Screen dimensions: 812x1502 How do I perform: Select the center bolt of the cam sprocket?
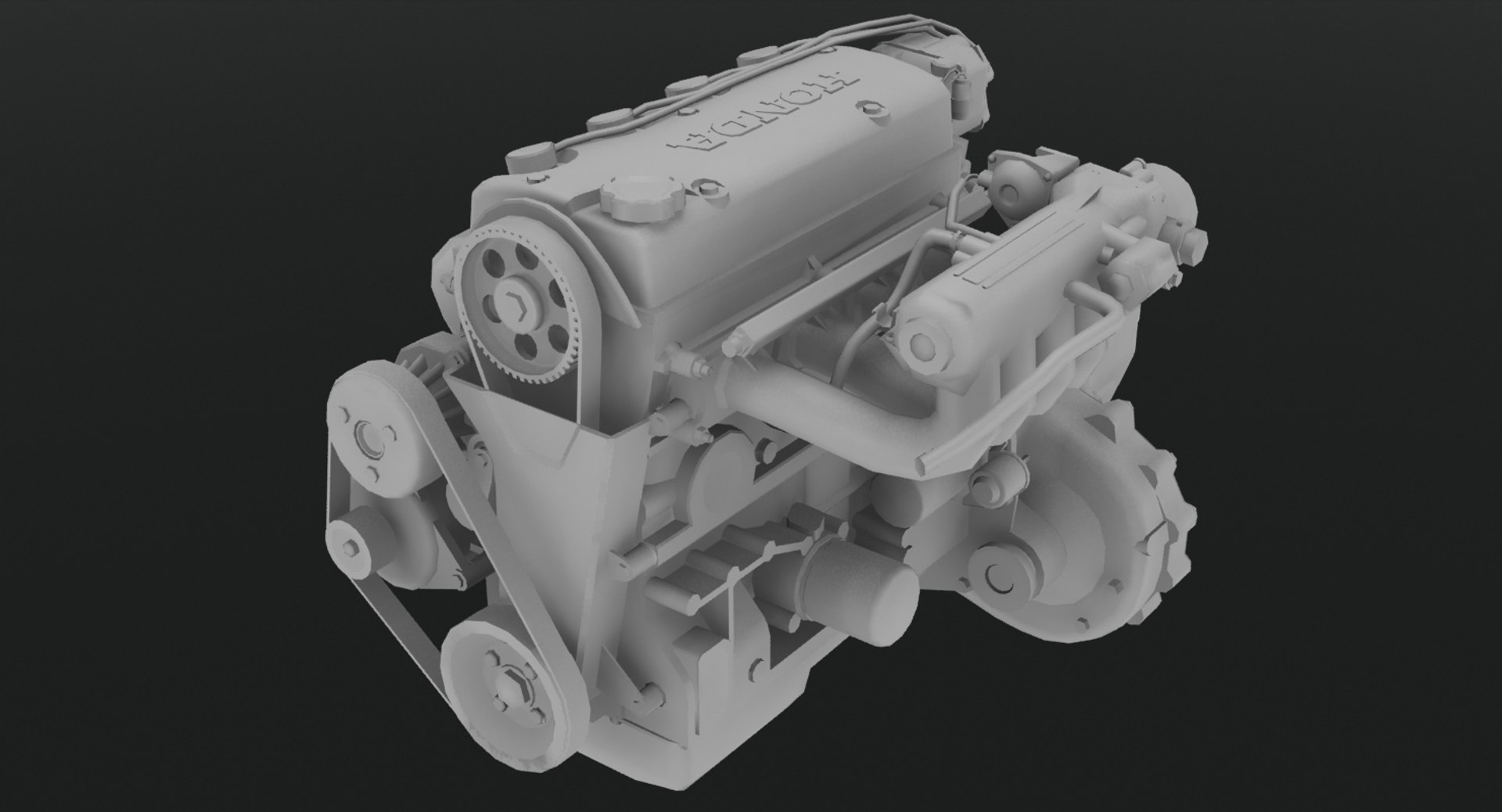coord(517,305)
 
